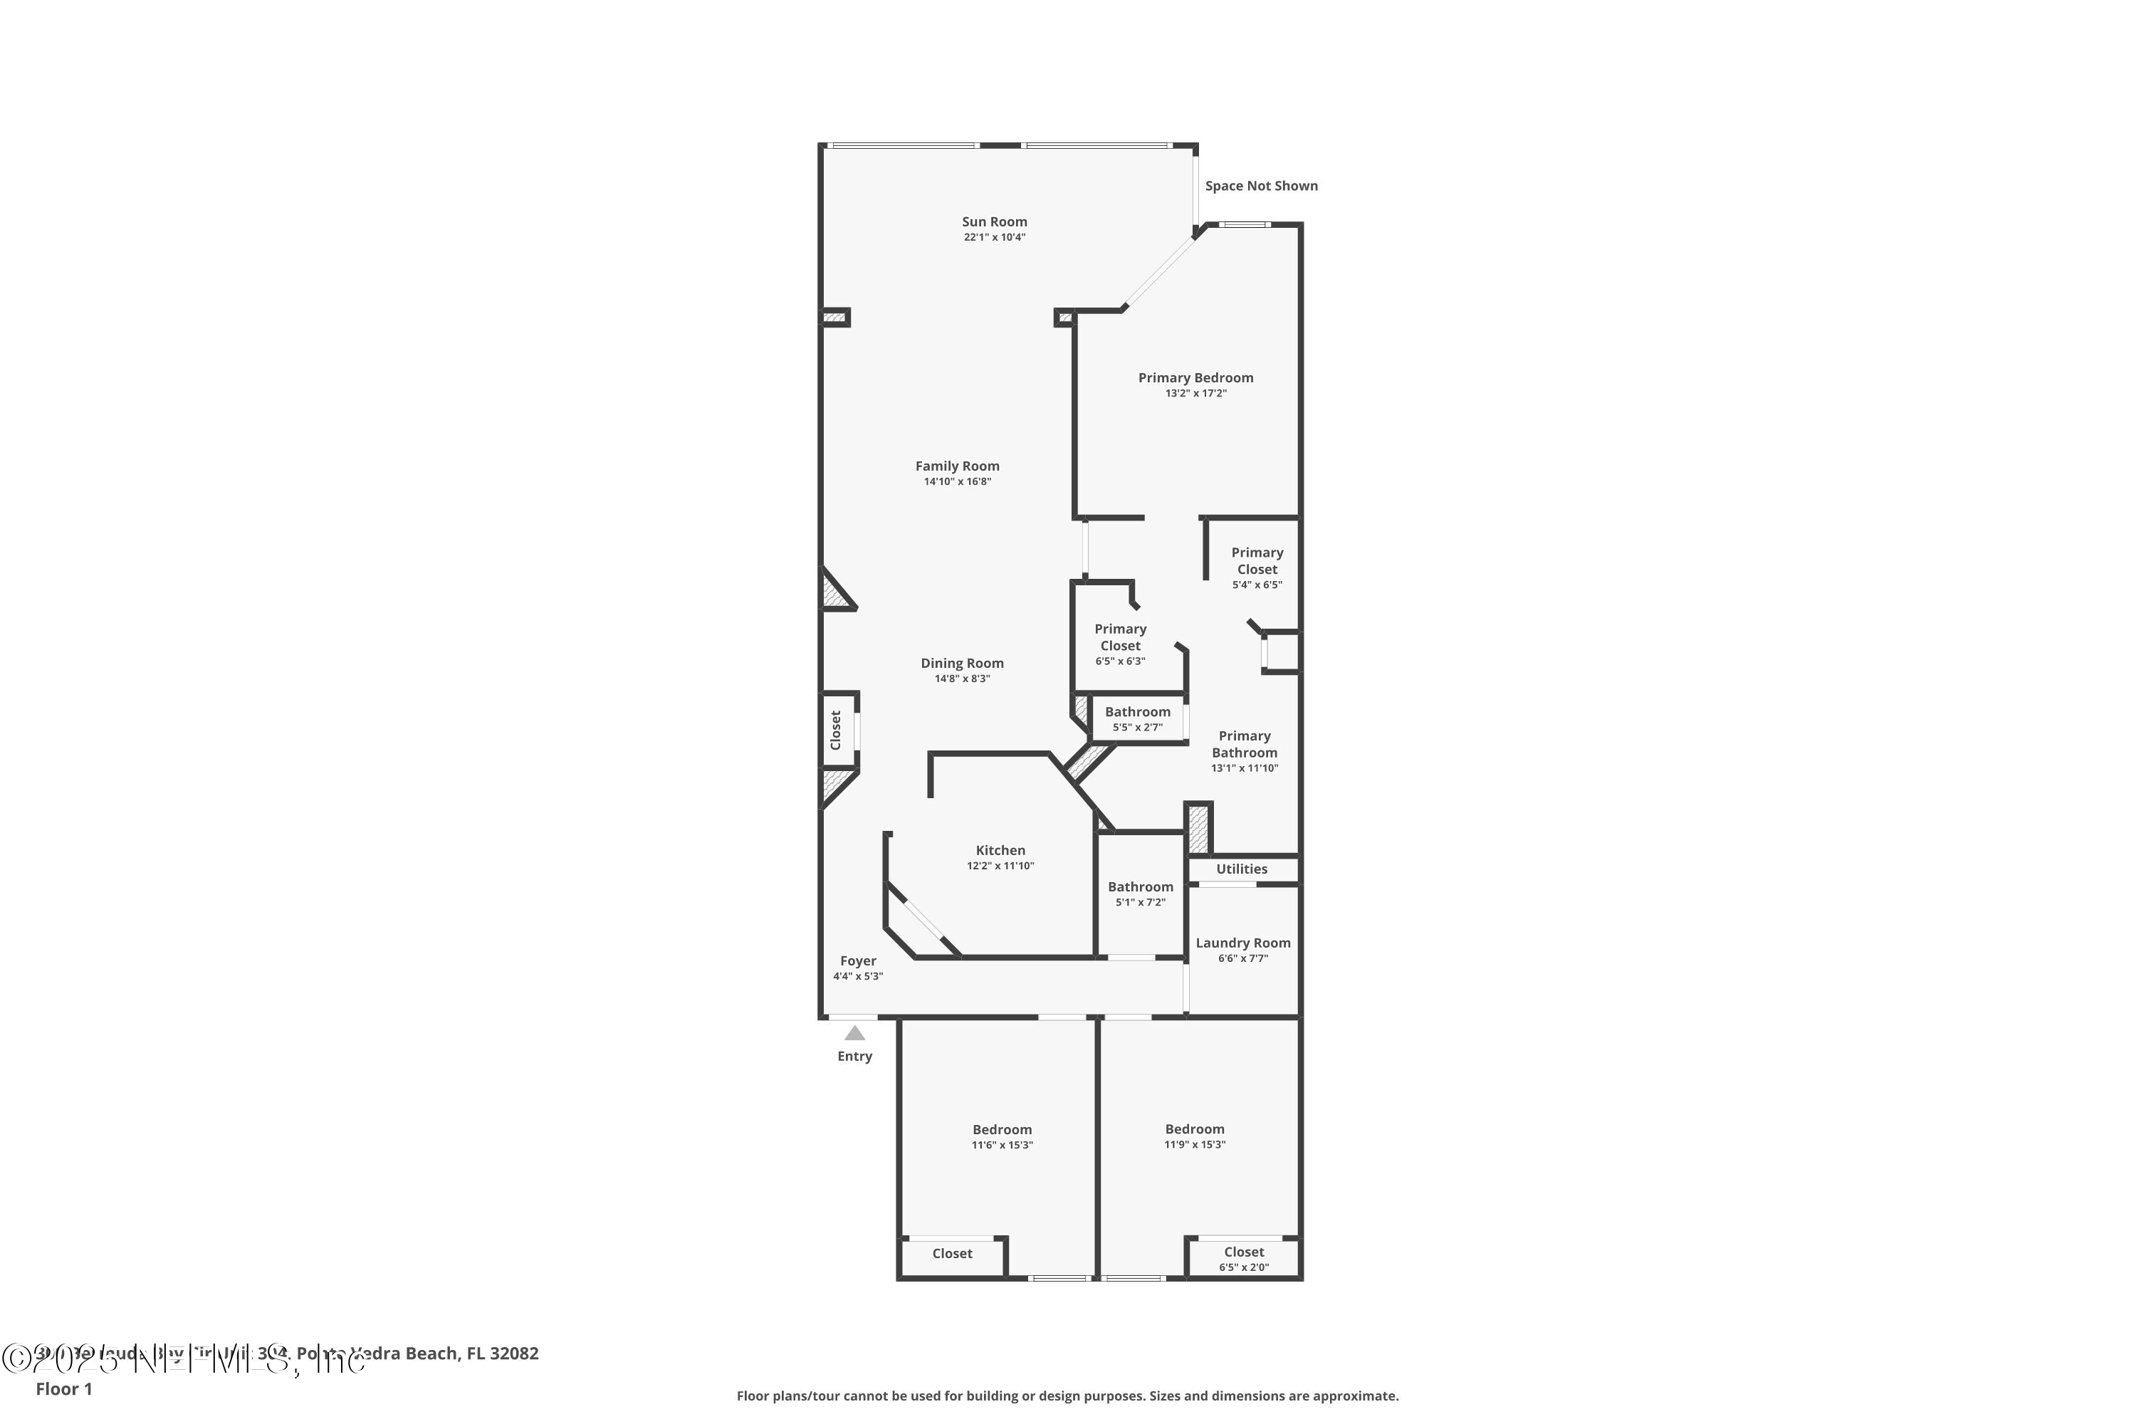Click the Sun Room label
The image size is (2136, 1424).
[x=995, y=221]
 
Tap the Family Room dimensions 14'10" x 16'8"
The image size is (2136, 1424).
[x=957, y=481]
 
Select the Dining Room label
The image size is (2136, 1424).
[x=962, y=663]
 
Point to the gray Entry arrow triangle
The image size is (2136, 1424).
[x=854, y=1034]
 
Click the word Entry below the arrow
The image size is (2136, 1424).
[x=854, y=1056]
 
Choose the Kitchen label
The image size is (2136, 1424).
[x=1000, y=850]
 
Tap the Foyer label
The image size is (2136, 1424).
[x=858, y=960]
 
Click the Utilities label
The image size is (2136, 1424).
[x=1242, y=869]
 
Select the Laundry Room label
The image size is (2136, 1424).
[x=1242, y=943]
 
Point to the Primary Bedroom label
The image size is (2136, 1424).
[x=1195, y=378]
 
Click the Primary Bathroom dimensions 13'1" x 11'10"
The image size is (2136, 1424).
[x=1244, y=768]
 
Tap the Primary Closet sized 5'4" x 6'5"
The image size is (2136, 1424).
[x=1257, y=561]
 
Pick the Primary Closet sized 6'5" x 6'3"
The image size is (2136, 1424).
[x=1120, y=637]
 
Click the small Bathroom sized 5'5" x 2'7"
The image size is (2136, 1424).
[x=1137, y=712]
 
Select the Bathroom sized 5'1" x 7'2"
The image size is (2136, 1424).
[x=1140, y=887]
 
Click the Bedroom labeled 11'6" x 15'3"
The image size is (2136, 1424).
[x=1002, y=1130]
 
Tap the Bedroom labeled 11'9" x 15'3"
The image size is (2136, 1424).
[x=1194, y=1129]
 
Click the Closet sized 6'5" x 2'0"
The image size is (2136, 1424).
[x=1243, y=1252]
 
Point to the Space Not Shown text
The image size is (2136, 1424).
[x=1260, y=186]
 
